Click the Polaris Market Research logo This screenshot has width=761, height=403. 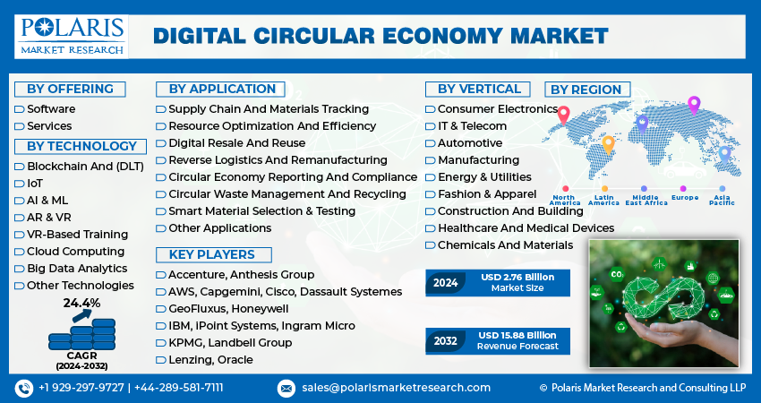(x=72, y=35)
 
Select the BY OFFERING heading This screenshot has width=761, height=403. (x=70, y=89)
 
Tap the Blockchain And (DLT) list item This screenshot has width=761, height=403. (x=77, y=166)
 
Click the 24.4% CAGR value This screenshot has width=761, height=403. (x=81, y=303)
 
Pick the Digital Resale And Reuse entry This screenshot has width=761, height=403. (x=236, y=142)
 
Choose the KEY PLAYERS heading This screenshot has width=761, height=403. (x=211, y=254)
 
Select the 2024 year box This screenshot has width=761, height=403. (x=446, y=283)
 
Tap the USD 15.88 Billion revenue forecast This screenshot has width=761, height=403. (x=517, y=335)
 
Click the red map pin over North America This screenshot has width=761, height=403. (x=563, y=115)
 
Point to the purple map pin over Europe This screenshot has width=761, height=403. (x=693, y=105)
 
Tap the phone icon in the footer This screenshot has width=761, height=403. (x=23, y=388)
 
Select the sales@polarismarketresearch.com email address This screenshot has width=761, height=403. (x=396, y=388)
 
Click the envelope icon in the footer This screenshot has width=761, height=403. (x=286, y=388)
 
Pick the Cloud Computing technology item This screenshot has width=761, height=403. (x=75, y=252)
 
